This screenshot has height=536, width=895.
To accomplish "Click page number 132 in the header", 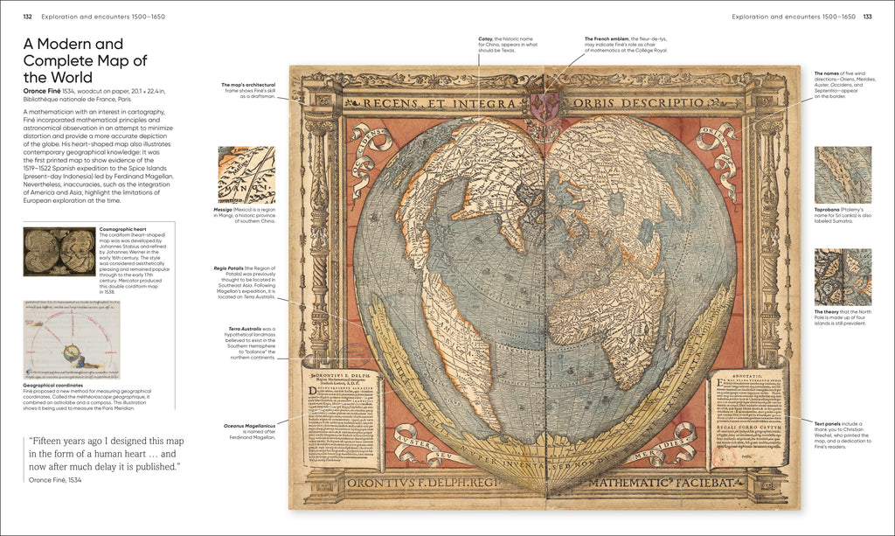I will [28, 17].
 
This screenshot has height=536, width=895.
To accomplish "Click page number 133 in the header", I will [867, 17].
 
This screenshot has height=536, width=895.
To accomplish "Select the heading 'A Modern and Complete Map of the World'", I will [85, 60].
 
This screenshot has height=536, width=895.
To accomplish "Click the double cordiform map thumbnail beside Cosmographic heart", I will [59, 252].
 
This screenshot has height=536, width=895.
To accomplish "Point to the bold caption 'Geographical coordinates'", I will [53, 385].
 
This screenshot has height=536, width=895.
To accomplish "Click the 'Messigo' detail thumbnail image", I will [246, 175].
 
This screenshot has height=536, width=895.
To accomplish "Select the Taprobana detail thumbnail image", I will [843, 175].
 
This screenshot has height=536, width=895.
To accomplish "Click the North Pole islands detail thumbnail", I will [843, 277].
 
